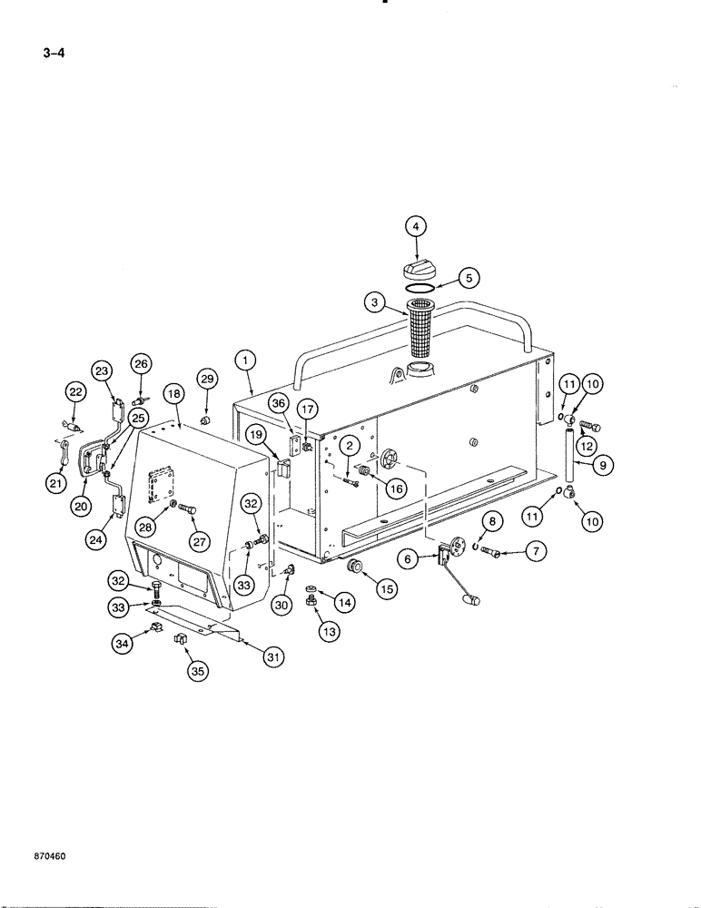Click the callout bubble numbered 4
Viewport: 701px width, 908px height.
pos(416,226)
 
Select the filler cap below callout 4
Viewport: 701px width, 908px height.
pos(420,269)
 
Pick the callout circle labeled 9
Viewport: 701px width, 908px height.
pos(604,465)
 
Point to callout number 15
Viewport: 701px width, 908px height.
pos(388,588)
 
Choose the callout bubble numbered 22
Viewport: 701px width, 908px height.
pos(74,391)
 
